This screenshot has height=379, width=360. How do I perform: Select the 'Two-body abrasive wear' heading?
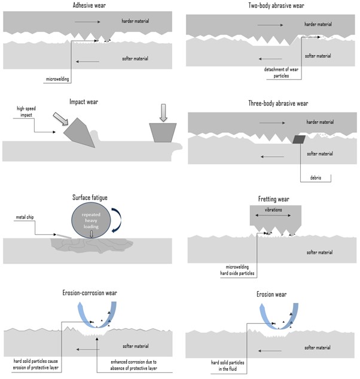tap(272, 5)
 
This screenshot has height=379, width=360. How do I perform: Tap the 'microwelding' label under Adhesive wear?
tap(57, 78)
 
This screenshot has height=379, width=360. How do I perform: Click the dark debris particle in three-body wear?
tap(298, 139)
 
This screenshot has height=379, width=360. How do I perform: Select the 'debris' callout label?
tap(316, 178)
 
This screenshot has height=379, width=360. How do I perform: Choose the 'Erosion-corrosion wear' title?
tap(90, 293)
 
